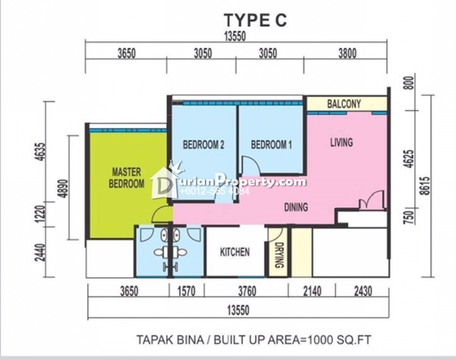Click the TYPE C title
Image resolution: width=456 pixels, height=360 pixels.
tap(255, 20)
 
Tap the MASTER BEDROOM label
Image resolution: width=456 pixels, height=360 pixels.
tap(126, 177)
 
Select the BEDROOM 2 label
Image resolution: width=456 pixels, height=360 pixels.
tap(204, 145)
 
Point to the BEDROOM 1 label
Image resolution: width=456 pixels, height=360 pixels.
tap(272, 145)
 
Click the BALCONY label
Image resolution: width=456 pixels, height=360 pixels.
tap(344, 104)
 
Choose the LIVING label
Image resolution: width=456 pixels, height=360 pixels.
tap(342, 142)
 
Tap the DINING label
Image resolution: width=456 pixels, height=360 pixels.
tap(296, 207)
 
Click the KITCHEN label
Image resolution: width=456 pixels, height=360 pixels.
tap(235, 252)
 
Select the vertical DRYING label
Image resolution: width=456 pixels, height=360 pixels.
tap(279, 255)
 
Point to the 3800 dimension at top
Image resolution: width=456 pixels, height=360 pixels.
tap(347, 53)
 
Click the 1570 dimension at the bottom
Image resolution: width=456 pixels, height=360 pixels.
tap(187, 291)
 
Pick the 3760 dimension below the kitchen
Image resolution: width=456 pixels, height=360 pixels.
tap(247, 291)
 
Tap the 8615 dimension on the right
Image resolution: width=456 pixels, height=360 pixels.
tap(426, 186)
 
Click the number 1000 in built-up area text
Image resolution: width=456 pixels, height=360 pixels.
tap(320, 340)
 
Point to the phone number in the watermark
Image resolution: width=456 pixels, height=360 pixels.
tap(215, 191)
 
